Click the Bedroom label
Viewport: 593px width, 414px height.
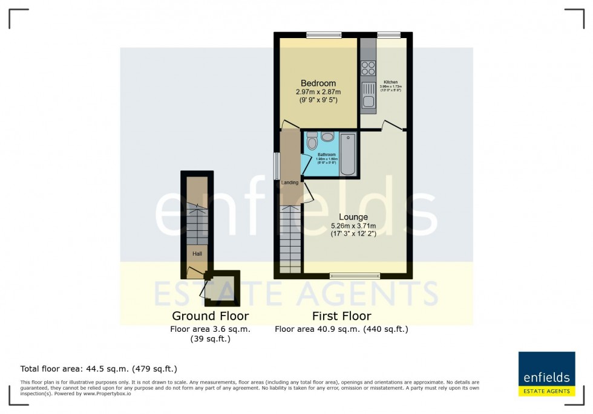[x=318, y=83]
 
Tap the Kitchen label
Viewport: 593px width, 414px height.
[x=390, y=82]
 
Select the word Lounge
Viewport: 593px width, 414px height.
[x=353, y=217]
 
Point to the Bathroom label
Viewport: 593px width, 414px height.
[x=327, y=155]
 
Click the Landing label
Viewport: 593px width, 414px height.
[x=289, y=182]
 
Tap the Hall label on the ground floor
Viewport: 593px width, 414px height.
[x=197, y=254]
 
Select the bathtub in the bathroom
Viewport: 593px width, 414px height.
[x=348, y=154]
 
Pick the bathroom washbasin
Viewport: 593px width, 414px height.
[x=328, y=137]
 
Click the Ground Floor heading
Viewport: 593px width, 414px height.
[x=211, y=316]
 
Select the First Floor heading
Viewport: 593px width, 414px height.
[x=341, y=316]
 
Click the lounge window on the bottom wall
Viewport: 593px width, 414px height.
[x=355, y=276]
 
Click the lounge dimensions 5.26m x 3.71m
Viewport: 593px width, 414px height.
[x=353, y=226]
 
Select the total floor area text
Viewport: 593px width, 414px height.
[x=99, y=368]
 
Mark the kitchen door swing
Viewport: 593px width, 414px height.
[x=393, y=125]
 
